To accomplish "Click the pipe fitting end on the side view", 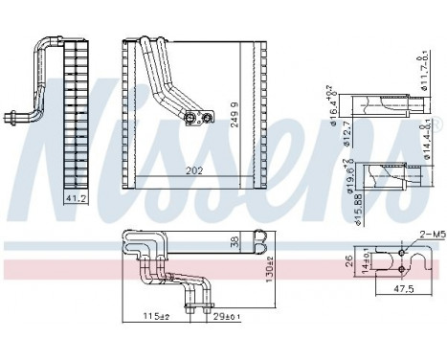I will (x=14, y=120).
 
